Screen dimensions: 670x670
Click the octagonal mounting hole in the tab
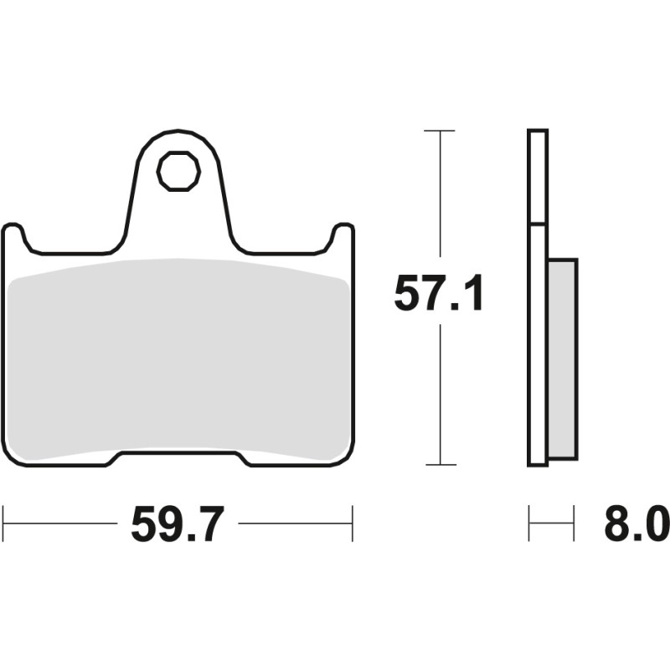pos(178,171)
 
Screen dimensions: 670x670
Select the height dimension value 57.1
pos(439,294)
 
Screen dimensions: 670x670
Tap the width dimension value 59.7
pos(178,525)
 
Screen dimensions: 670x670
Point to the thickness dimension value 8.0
pos(636,525)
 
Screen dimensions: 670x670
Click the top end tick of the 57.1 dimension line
pos(439,131)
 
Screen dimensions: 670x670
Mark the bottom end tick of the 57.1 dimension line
pos(439,464)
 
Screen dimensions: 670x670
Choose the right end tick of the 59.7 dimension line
pos(352,523)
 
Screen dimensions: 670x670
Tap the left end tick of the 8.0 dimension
pos(529,523)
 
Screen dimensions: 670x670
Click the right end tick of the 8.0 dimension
pos(575,523)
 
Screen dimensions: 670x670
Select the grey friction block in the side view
pos(562,358)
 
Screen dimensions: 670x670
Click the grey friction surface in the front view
pos(178,360)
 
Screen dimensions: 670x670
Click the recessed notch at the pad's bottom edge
pos(178,459)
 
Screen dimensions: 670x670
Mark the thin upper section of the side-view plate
pos(538,176)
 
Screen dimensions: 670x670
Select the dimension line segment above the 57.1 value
pos(439,201)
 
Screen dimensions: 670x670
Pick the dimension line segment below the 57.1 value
pos(439,394)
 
